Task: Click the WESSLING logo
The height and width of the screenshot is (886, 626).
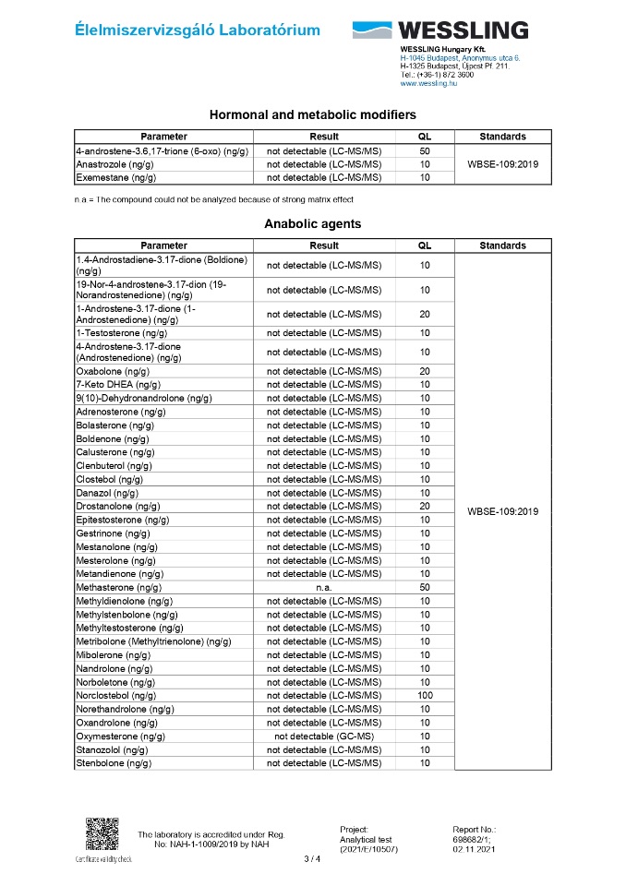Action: click(x=440, y=30)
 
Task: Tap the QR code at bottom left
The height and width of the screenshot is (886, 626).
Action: click(x=102, y=834)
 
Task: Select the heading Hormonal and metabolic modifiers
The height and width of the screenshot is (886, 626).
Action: click(x=312, y=115)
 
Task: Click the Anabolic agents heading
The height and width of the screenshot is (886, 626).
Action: click(x=312, y=223)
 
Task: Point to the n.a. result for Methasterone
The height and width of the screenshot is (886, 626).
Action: click(x=323, y=587)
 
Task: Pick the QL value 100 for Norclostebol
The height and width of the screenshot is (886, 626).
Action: click(x=425, y=695)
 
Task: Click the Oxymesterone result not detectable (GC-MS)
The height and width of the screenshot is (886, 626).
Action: click(x=323, y=736)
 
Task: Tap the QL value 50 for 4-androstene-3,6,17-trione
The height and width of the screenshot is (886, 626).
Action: click(x=425, y=150)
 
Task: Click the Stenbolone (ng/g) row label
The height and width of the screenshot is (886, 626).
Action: click(x=114, y=763)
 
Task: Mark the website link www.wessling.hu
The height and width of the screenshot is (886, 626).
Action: click(x=428, y=83)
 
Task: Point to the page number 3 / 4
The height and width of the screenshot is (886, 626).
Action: click(x=312, y=859)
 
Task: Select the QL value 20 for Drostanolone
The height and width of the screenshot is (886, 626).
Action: click(x=425, y=506)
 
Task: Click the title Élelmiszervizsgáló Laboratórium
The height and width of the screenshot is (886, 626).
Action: click(x=198, y=30)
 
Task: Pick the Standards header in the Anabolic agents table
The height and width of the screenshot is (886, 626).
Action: click(x=503, y=245)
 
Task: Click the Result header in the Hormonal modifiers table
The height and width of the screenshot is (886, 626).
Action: click(x=324, y=137)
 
